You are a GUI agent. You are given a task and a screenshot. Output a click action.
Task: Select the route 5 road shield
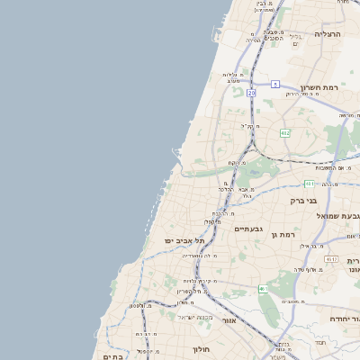coord(275,84)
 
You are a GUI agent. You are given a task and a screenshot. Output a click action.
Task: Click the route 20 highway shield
coord(252,92)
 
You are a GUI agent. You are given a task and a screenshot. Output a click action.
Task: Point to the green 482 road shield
coord(285,133)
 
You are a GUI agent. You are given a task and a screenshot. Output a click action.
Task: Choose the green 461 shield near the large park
coord(262,289)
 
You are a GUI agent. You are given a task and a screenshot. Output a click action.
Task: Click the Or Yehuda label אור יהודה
coord(345,319)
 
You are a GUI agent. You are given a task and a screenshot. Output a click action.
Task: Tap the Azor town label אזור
coord(229,320)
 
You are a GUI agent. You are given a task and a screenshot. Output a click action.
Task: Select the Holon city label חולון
coord(200,348)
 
